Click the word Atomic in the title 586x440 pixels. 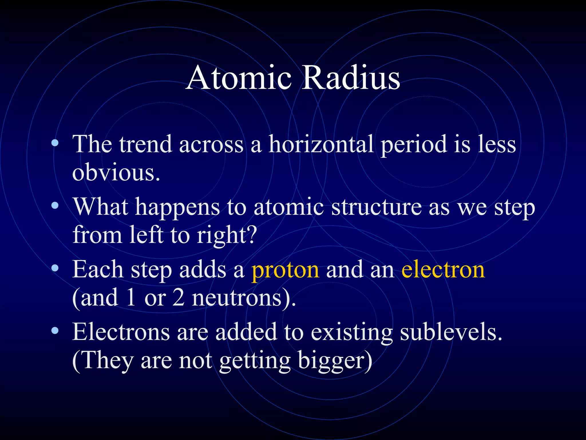coord(239,78)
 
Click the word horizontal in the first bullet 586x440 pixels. coord(321,144)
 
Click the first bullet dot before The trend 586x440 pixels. coord(55,143)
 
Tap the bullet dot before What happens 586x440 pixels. coord(55,205)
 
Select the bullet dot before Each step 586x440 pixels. coord(55,268)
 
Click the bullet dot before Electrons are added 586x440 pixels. coord(55,331)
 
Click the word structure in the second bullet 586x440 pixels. coord(376,207)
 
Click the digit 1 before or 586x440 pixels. coord(131,298)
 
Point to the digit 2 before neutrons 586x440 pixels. coord(179,298)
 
